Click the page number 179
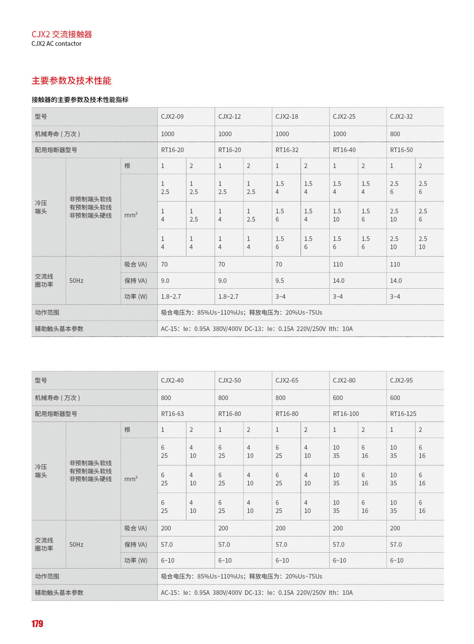[x=37, y=624]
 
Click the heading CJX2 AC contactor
[x=56, y=44]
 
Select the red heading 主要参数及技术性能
[x=72, y=81]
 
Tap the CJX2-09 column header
[x=172, y=117]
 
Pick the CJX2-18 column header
[x=287, y=117]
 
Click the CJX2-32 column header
[x=401, y=117]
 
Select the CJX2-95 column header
[x=401, y=380]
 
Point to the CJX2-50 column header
[x=229, y=380]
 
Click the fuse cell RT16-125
[x=403, y=414]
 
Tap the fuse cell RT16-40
[x=344, y=150]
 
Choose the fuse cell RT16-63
[x=172, y=414]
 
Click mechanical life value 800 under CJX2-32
[x=395, y=134]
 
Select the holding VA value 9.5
[x=280, y=281]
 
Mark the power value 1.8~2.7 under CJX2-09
[x=171, y=297]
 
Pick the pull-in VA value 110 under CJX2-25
[x=338, y=265]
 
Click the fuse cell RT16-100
[x=346, y=414]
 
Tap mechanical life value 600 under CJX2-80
[x=338, y=398]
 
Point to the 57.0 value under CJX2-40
[x=167, y=544]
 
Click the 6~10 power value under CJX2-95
[x=397, y=561]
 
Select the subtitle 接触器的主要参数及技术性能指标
[x=80, y=100]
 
